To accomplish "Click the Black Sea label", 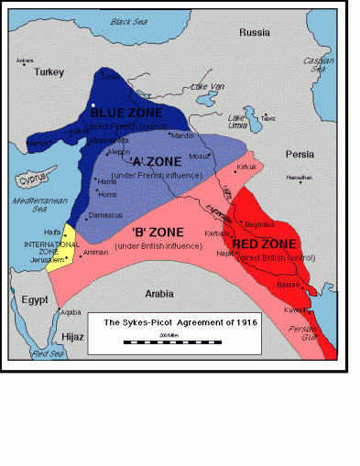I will [x=129, y=20].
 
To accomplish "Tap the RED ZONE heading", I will [x=264, y=244].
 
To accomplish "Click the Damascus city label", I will [x=105, y=215].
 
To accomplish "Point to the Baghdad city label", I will [x=258, y=224].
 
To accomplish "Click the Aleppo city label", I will [x=120, y=150].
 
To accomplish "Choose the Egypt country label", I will [x=34, y=299].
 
